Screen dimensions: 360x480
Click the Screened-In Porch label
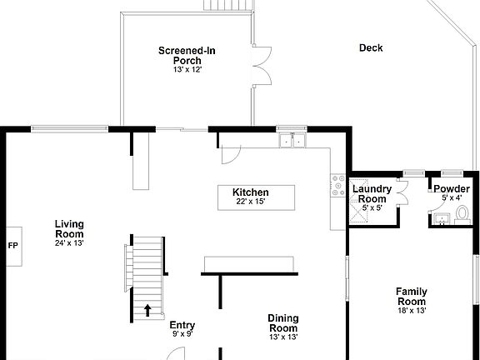pyautogui.click(x=187, y=56)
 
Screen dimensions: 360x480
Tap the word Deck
pyautogui.click(x=371, y=47)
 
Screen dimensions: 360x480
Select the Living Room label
pyautogui.click(x=69, y=228)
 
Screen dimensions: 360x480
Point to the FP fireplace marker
pyautogui.click(x=12, y=246)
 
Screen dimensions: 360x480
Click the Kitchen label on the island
pyautogui.click(x=250, y=192)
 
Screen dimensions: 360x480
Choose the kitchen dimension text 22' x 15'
pyautogui.click(x=250, y=202)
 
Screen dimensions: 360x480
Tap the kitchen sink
pyautogui.click(x=292, y=140)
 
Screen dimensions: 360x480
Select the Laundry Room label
pyautogui.click(x=371, y=194)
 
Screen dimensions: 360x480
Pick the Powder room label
pyautogui.click(x=451, y=189)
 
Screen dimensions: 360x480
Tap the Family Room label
pyautogui.click(x=412, y=297)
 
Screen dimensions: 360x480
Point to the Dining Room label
pyautogui.click(x=283, y=322)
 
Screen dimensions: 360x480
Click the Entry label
pyautogui.click(x=182, y=325)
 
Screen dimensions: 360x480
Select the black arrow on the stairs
pyautogui.click(x=148, y=310)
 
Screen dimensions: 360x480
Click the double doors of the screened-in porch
pyautogui.click(x=262, y=63)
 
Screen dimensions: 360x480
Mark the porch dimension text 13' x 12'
pyautogui.click(x=187, y=70)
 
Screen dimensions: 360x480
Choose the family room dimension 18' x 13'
pyautogui.click(x=412, y=311)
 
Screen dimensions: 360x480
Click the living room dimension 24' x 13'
pyautogui.click(x=69, y=243)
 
